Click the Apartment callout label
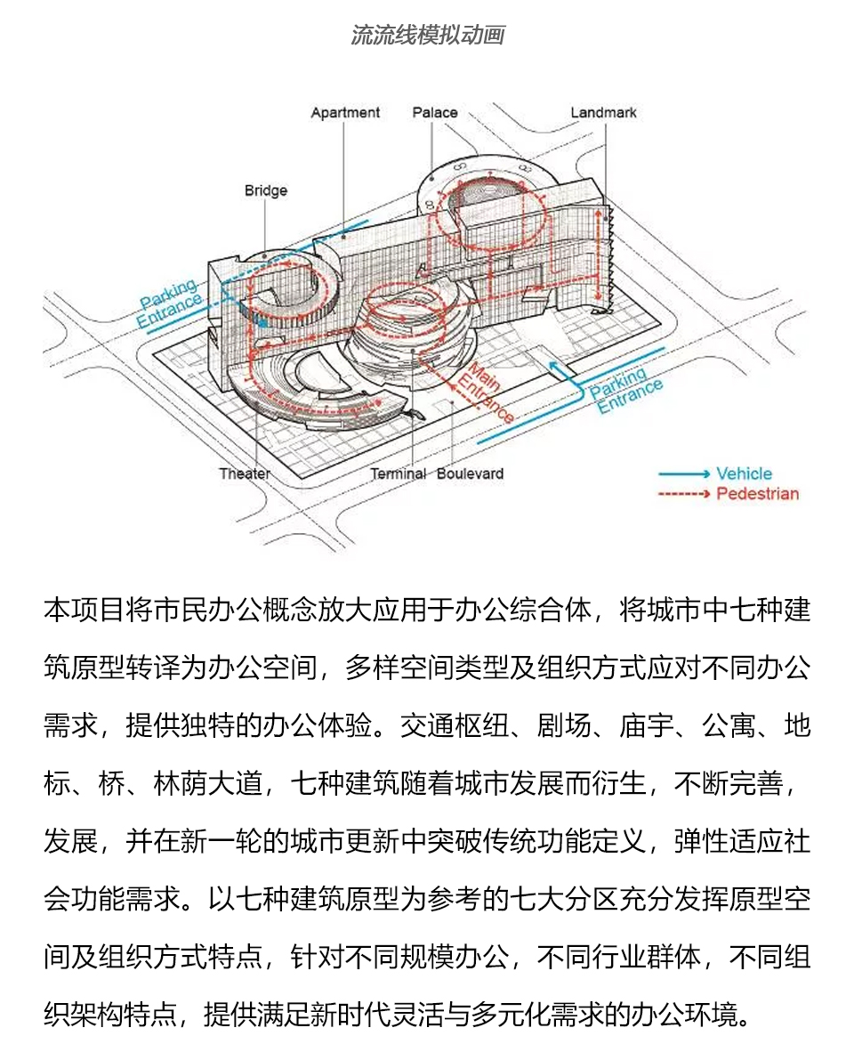pyautogui.click(x=345, y=113)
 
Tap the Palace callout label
pyautogui.click(x=435, y=113)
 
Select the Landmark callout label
pyautogui.click(x=603, y=113)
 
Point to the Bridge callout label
pyautogui.click(x=266, y=190)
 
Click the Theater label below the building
pyautogui.click(x=245, y=473)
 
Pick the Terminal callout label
pyautogui.click(x=399, y=473)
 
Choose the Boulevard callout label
pyautogui.click(x=470, y=473)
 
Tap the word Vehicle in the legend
pyautogui.click(x=744, y=473)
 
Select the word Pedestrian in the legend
pyautogui.click(x=758, y=494)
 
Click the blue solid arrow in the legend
pyautogui.click(x=684, y=473)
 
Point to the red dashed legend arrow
pyautogui.click(x=684, y=494)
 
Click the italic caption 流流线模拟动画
pyautogui.click(x=428, y=36)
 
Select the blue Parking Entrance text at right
pyautogui.click(x=627, y=392)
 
